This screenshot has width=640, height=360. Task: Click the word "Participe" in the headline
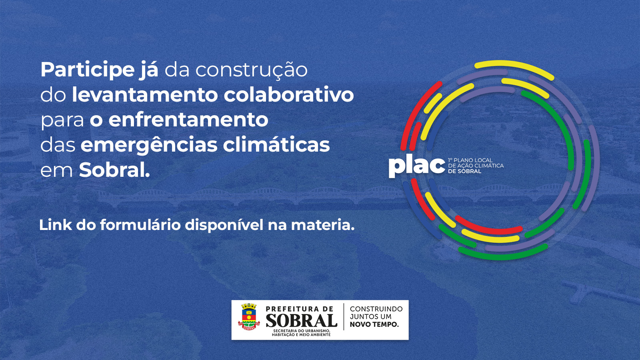(88, 70)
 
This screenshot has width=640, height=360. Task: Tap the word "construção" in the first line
(252, 70)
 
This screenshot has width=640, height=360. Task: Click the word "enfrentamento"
(188, 120)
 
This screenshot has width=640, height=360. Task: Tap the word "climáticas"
(276, 144)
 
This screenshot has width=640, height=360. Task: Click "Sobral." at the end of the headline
(114, 170)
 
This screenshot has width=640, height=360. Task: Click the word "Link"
(56, 225)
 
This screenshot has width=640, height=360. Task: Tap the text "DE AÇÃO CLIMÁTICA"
(476, 166)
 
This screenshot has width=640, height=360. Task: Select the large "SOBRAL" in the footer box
(302, 320)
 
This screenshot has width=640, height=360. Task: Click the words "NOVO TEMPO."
(374, 324)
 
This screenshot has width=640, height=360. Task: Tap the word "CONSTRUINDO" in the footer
(376, 309)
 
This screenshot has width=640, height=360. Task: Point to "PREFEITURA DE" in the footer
(300, 309)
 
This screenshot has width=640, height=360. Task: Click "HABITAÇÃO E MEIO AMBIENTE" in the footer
(301, 334)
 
